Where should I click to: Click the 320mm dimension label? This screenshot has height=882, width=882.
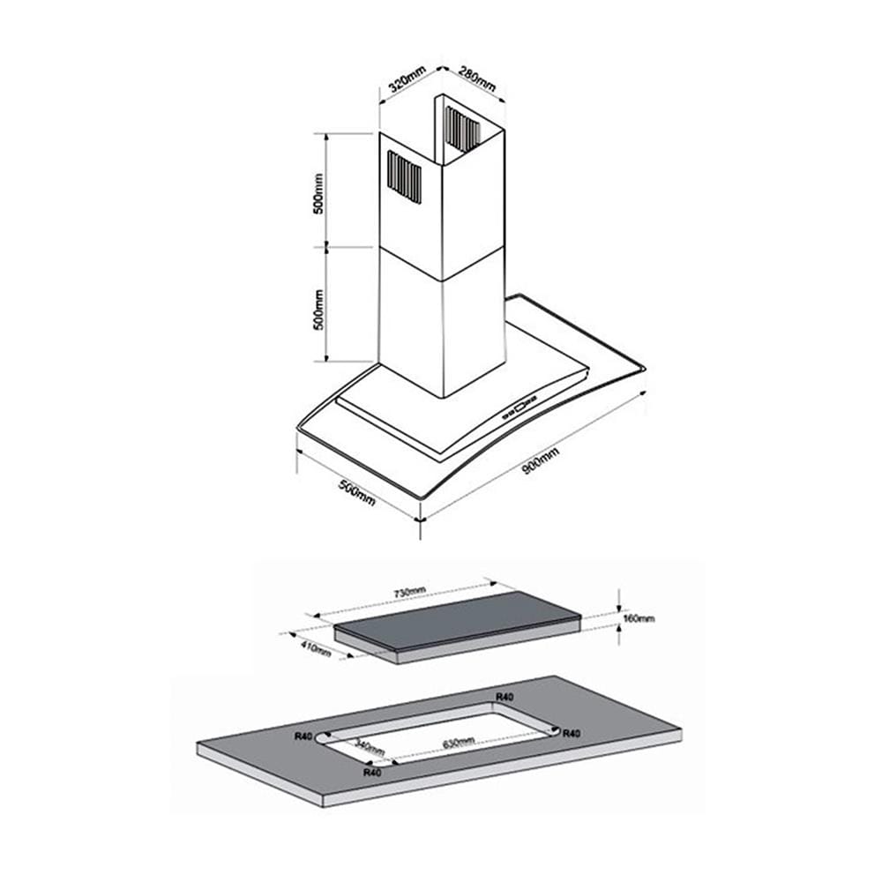coord(407,78)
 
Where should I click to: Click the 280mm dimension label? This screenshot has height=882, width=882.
coord(477,78)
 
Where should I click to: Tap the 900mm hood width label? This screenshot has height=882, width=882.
coord(541,460)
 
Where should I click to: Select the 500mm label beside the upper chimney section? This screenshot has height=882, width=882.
coord(318,193)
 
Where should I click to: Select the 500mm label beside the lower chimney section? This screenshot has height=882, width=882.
coord(318,310)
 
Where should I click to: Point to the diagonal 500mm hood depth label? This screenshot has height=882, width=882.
coord(356,492)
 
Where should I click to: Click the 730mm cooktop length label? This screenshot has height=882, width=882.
coord(409,592)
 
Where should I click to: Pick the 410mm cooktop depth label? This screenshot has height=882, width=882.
coord(316,648)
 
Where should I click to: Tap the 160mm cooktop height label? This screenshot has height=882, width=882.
coord(639,618)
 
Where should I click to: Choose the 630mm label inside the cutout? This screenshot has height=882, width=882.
coord(459,743)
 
